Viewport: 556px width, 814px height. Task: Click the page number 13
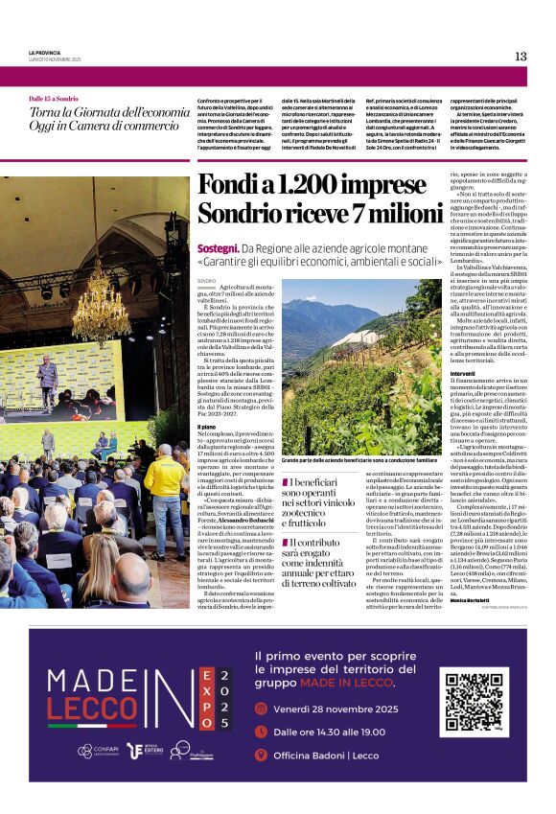click(x=521, y=56)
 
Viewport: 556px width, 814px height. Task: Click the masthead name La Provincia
click(x=45, y=52)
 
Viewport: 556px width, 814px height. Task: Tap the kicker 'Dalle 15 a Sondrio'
click(x=54, y=99)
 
